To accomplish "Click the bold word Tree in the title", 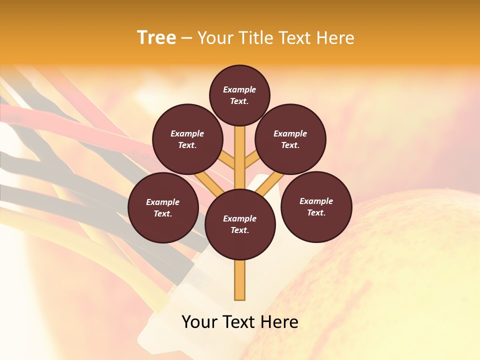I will pyautogui.click(x=156, y=38).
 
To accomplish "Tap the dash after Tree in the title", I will pyautogui.click(x=186, y=38).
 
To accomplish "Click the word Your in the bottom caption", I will pyautogui.click(x=199, y=322).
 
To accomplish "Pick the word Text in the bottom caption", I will pyautogui.click(x=239, y=322).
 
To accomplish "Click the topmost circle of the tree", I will pyautogui.click(x=239, y=95).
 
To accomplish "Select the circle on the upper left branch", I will pyautogui.click(x=187, y=139).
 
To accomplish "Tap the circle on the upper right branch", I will pyautogui.click(x=290, y=139).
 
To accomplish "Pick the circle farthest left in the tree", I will pyautogui.click(x=163, y=207).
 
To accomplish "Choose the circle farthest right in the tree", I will pyautogui.click(x=316, y=206).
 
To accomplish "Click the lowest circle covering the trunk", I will pyautogui.click(x=240, y=224).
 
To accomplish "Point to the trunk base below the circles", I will pyautogui.click(x=240, y=280).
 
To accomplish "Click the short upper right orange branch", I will pyautogui.click(x=251, y=160).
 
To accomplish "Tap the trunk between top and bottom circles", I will pyautogui.click(x=240, y=160).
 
